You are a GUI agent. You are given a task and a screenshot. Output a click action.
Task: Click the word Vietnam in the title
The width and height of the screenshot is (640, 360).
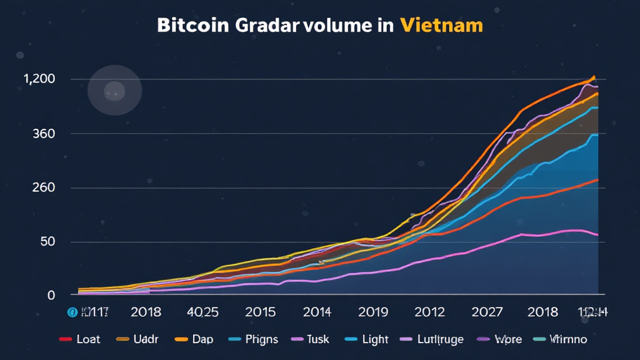(441, 26)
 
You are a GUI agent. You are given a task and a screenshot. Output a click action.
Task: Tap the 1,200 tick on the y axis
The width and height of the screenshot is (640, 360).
(39, 79)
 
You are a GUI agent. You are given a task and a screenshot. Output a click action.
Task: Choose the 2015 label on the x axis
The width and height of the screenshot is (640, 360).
(261, 311)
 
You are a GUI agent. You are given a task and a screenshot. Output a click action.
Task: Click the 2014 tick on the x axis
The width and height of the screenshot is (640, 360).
(317, 311)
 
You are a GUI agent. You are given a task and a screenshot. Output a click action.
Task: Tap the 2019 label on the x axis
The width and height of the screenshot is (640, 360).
(373, 311)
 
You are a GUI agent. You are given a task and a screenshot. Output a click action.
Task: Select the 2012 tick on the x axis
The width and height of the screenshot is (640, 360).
(429, 311)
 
